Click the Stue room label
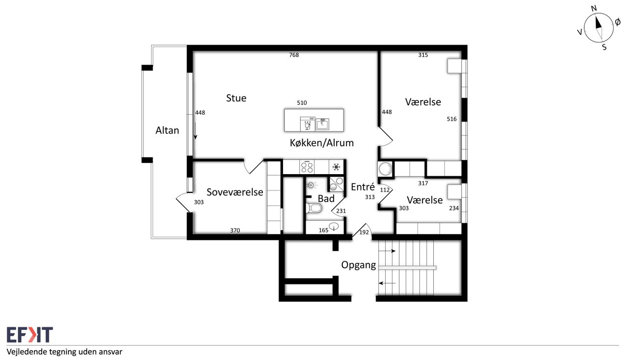coord(236,98)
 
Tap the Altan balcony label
coord(167,130)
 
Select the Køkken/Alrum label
coord(321,143)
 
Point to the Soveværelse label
coord(235,192)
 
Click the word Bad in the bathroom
coord(326,199)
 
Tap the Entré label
coord(363,187)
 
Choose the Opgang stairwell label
coord(358,265)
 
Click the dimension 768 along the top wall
coord(294,55)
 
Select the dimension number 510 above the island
coord(302,103)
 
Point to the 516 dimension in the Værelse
coord(452,119)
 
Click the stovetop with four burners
coord(307,167)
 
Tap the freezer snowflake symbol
coord(336,167)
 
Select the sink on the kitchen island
coord(322,124)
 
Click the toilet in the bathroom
coord(314,208)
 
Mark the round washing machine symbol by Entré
coord(385,169)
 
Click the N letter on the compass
coord(594,9)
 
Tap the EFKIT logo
coord(30,334)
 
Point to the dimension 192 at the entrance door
coord(364,232)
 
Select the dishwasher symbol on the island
coord(308,124)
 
